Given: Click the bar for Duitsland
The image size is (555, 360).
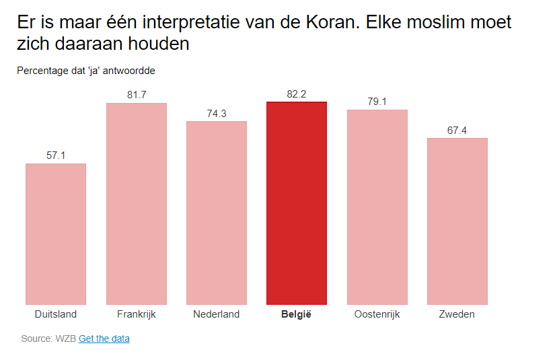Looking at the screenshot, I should (x=56, y=233).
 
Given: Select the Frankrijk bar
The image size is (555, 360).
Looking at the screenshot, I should (x=137, y=203).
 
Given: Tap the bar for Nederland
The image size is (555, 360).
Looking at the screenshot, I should (x=217, y=213).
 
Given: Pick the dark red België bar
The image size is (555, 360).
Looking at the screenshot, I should (x=297, y=203).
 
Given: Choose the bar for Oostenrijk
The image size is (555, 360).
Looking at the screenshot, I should (x=377, y=207).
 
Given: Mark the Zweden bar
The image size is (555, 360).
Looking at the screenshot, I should (x=457, y=221).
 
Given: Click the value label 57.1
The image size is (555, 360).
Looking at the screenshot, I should (x=56, y=155).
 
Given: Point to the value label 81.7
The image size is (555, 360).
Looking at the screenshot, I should (x=137, y=95).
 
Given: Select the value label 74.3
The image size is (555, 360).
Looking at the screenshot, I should (x=217, y=113).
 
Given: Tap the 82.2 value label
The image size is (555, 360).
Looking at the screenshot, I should (x=297, y=94).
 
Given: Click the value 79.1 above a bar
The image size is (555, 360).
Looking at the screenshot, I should (x=377, y=102).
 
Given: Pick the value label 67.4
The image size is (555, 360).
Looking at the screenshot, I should (x=457, y=130).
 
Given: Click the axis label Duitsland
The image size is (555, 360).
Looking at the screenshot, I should (x=56, y=314).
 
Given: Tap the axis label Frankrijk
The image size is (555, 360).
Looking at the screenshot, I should (x=137, y=314).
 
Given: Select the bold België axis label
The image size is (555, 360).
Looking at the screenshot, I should (x=297, y=314).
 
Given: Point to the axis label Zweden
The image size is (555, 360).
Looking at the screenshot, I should (x=457, y=314).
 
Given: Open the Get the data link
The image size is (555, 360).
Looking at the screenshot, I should (x=104, y=338).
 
